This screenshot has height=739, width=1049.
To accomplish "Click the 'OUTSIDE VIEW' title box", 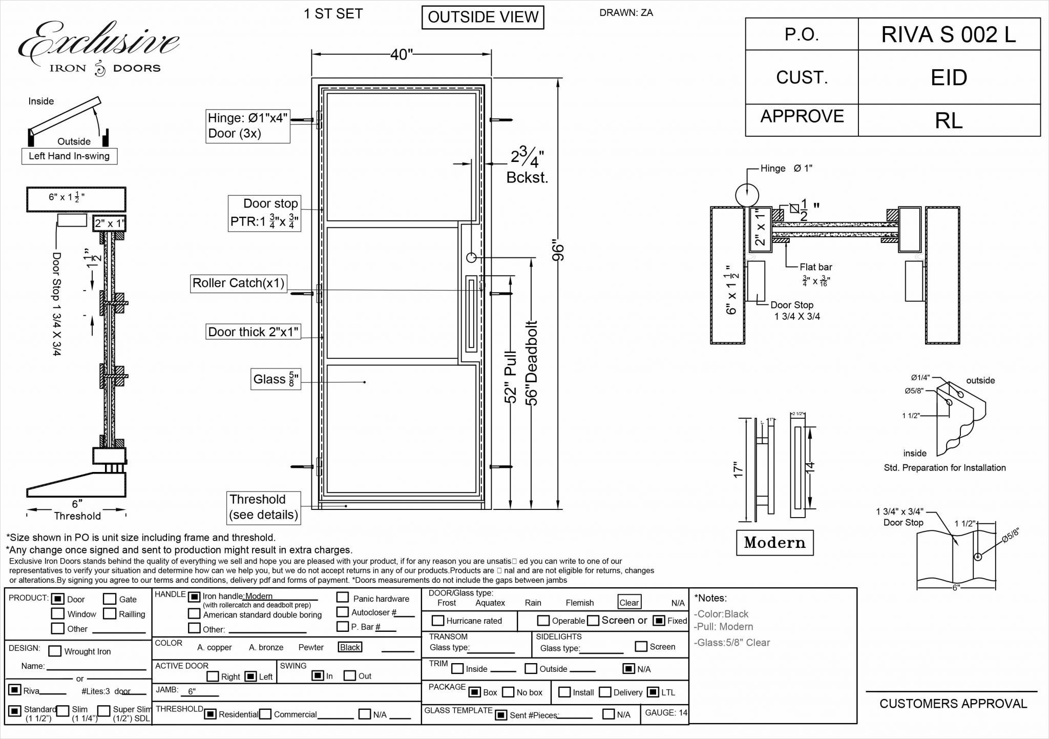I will coord(482,17).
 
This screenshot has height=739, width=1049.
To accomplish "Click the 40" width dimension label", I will coord(402,54).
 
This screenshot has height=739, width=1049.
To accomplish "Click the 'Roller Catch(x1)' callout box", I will coord(238,283).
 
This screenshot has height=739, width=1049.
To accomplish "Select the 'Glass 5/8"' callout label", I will coord(276,379).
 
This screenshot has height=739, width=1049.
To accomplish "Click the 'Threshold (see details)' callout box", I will coord(263,507).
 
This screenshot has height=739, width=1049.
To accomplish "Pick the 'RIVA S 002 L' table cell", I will coord(949,35).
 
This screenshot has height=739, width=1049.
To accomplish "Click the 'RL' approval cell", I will coord(949,120).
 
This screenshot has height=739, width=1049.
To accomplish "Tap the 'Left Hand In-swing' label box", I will coord(69,156).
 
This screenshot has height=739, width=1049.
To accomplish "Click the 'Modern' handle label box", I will coord(774,543).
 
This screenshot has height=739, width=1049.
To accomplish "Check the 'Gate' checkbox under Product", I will coord(110,599).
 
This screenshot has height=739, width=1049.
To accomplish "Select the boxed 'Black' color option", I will coord(350,647).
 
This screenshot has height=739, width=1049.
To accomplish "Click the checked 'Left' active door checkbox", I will coord(250,676).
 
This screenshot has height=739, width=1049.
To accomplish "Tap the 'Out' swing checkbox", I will coord(350,676).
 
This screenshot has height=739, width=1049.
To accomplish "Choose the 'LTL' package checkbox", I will coord(653,692).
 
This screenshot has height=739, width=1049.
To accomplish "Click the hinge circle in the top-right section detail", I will coord(747,195).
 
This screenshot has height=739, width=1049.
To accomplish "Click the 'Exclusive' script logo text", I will coord(99,41).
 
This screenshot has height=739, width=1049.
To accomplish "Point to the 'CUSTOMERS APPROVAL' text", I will coord(953,704).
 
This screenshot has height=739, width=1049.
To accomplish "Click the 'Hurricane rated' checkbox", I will coord(437,621).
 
